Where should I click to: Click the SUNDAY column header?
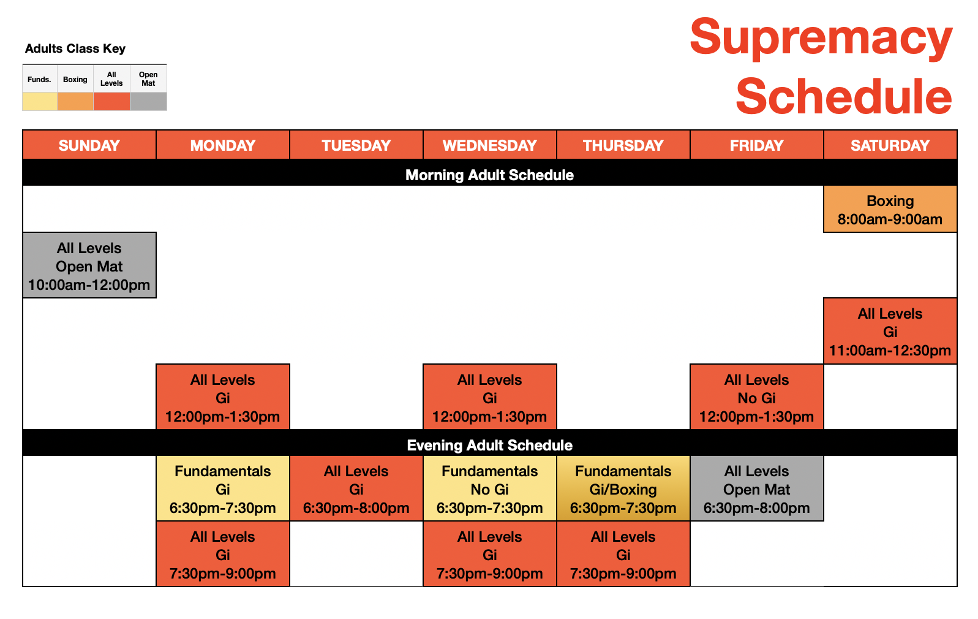click(89, 145)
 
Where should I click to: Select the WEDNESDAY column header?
click(489, 145)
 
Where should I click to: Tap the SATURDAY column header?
click(890, 145)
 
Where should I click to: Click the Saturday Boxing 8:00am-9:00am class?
click(890, 209)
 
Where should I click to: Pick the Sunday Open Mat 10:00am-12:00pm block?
click(89, 265)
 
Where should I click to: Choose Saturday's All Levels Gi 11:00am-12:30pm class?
click(890, 331)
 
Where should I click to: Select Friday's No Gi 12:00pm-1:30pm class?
click(757, 397)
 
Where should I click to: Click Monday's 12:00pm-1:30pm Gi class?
click(223, 397)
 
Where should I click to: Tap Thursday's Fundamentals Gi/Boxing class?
click(623, 488)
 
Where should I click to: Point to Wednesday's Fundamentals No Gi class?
click(489, 488)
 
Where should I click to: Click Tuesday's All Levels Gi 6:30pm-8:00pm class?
click(356, 488)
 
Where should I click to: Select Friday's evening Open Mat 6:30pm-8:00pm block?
click(757, 488)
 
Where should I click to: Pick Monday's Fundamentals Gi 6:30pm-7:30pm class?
click(223, 488)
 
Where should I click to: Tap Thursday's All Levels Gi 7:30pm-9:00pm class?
click(623, 554)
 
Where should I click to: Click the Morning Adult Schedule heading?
click(489, 175)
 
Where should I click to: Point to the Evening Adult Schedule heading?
click(489, 445)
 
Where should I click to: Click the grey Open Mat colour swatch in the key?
click(148, 101)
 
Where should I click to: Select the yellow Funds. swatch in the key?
click(40, 101)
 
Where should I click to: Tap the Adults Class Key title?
click(75, 48)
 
